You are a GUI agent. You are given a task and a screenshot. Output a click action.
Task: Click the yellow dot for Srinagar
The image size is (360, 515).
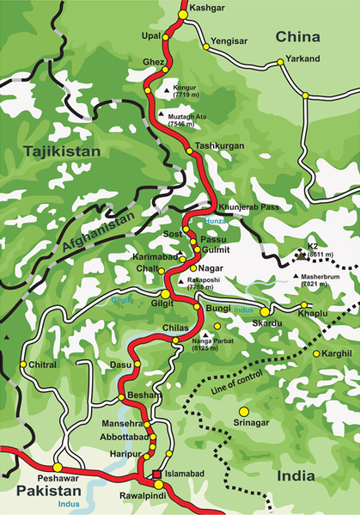(x=243, y=411)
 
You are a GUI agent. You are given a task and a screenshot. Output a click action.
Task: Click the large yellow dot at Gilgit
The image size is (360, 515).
(x=165, y=294)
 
